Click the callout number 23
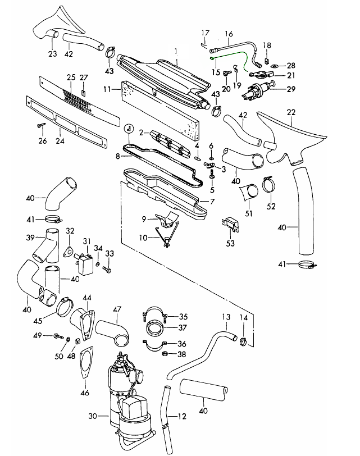[x=52, y=54]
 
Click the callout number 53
[x=230, y=244]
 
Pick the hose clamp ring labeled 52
[x=269, y=186]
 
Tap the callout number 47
[x=117, y=309]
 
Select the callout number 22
[x=291, y=112]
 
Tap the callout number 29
[x=291, y=89]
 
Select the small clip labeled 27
[x=83, y=92]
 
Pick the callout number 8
[x=117, y=154]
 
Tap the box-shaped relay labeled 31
[x=86, y=262]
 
